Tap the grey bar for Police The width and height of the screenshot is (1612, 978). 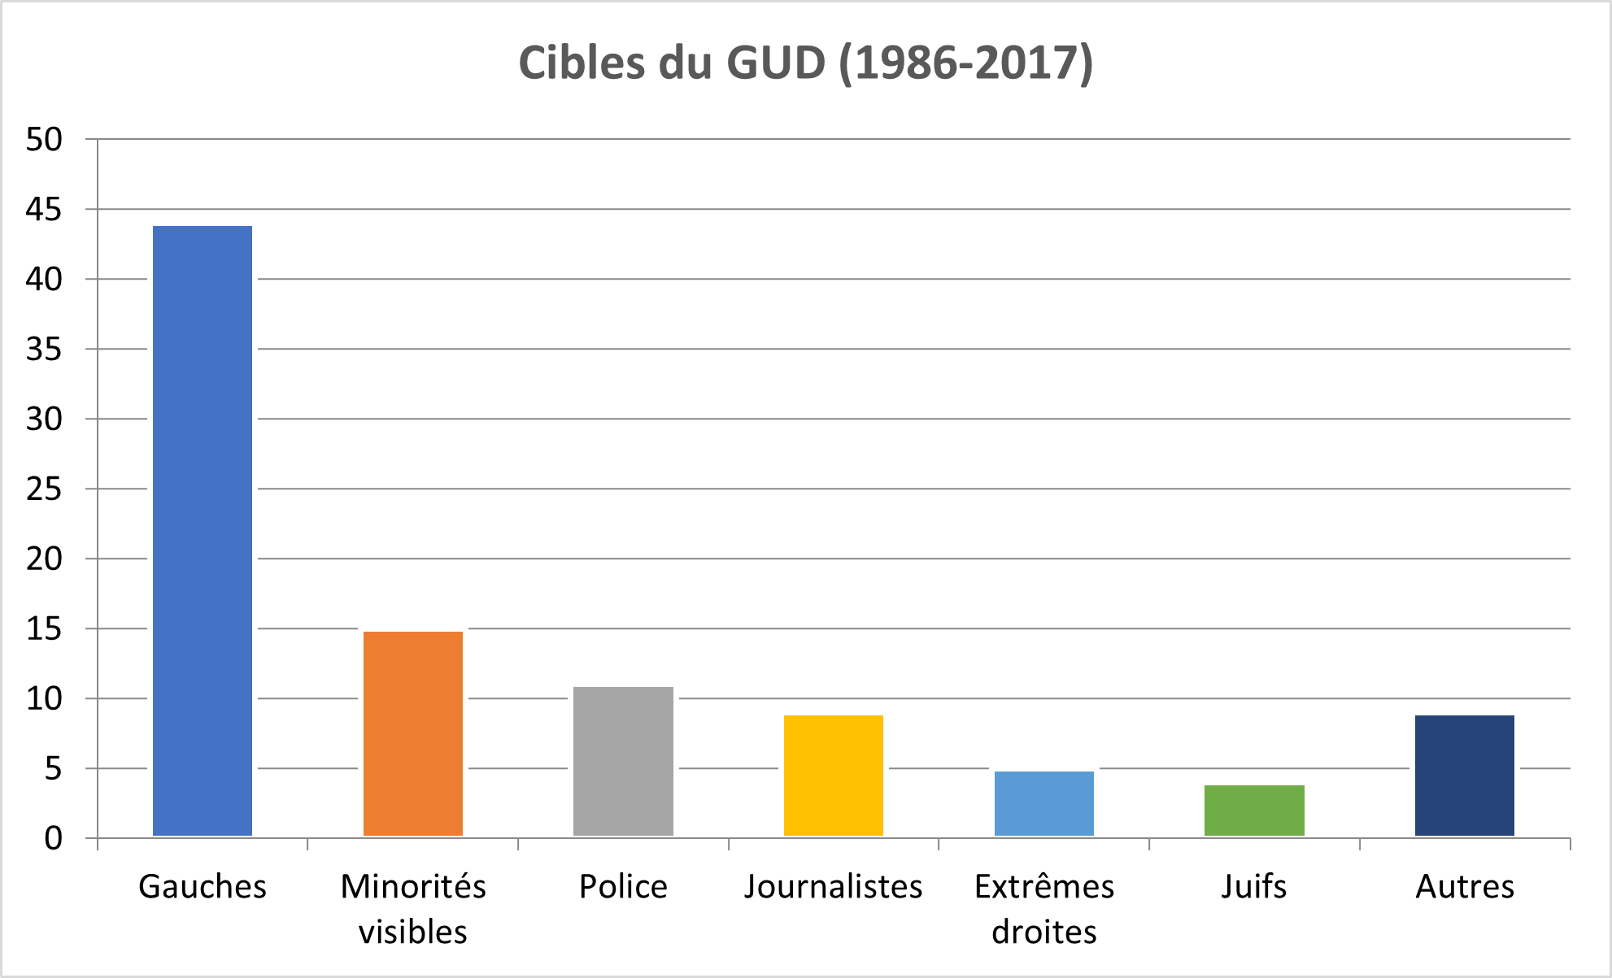[623, 761]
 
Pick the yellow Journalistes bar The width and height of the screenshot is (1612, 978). [834, 775]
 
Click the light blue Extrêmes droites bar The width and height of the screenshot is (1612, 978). [1044, 803]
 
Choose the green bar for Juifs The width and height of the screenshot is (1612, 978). [1254, 810]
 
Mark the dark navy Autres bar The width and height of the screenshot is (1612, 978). [1465, 775]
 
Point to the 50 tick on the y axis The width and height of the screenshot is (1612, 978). [44, 140]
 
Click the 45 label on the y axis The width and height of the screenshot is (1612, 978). [44, 210]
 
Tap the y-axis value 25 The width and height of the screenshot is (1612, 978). [44, 489]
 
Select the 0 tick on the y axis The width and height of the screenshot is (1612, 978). [54, 838]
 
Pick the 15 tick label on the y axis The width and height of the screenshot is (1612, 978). [44, 629]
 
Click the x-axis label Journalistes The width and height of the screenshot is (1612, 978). [834, 886]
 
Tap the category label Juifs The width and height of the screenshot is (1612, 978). [1254, 886]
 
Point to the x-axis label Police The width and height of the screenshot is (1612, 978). [623, 886]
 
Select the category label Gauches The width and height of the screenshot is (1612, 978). [203, 886]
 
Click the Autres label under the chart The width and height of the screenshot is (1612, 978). [1465, 886]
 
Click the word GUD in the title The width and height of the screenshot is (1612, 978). [775, 63]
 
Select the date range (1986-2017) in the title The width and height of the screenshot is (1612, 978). [966, 63]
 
